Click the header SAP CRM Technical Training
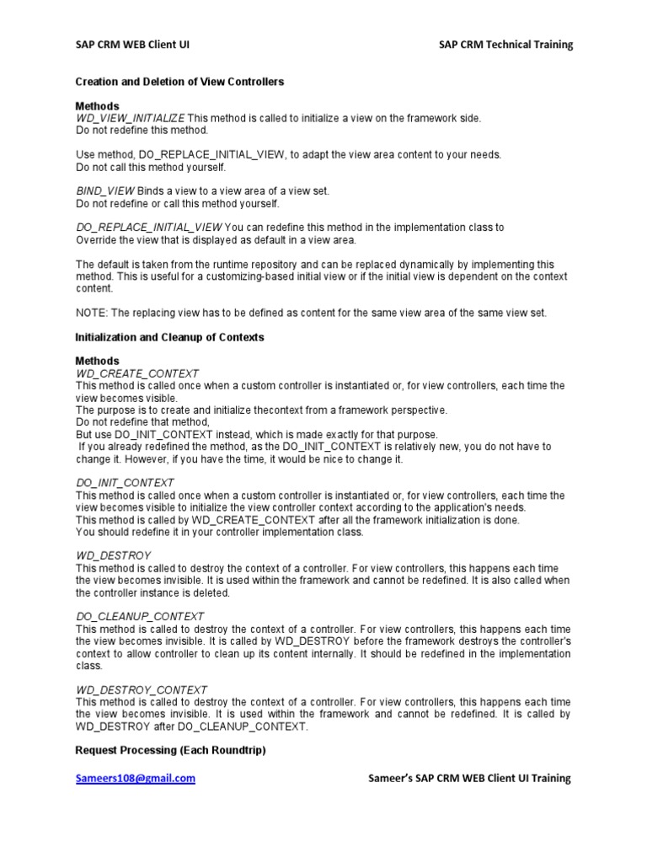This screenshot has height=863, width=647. pyautogui.click(x=505, y=45)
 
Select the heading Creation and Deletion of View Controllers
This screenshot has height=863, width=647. pyautogui.click(x=179, y=82)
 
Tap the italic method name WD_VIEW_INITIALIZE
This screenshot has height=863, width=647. pyautogui.click(x=130, y=119)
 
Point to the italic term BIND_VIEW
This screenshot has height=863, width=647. pyautogui.click(x=100, y=191)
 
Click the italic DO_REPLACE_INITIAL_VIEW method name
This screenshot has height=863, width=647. pyautogui.click(x=148, y=228)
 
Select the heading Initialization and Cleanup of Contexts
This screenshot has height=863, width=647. pyautogui.click(x=169, y=337)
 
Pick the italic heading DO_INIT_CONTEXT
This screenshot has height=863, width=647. pyautogui.click(x=125, y=483)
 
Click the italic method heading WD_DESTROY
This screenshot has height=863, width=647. pyautogui.click(x=113, y=556)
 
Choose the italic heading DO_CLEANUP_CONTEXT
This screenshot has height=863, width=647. pyautogui.click(x=139, y=617)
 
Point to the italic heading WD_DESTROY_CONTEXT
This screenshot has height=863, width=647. pyautogui.click(x=141, y=689)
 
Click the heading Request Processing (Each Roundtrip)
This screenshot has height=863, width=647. pyautogui.click(x=171, y=750)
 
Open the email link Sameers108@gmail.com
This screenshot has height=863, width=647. pyautogui.click(x=135, y=779)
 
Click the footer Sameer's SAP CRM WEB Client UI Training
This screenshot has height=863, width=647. pyautogui.click(x=470, y=779)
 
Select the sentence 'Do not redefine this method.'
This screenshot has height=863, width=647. pyautogui.click(x=142, y=131)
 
